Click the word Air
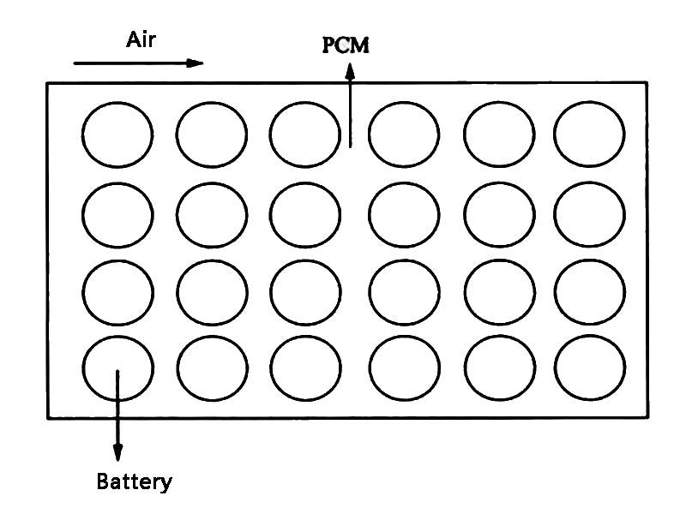[141, 39]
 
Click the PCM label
[346, 45]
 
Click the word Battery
[134, 481]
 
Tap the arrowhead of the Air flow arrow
[196, 63]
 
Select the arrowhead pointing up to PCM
[350, 73]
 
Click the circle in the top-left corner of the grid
[118, 134]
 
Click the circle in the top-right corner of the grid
[589, 134]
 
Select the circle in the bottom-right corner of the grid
[589, 368]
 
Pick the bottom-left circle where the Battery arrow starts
[118, 368]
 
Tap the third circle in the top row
[304, 134]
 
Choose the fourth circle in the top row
[404, 134]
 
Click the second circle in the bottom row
[212, 368]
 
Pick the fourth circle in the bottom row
[404, 368]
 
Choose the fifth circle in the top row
[499, 134]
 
